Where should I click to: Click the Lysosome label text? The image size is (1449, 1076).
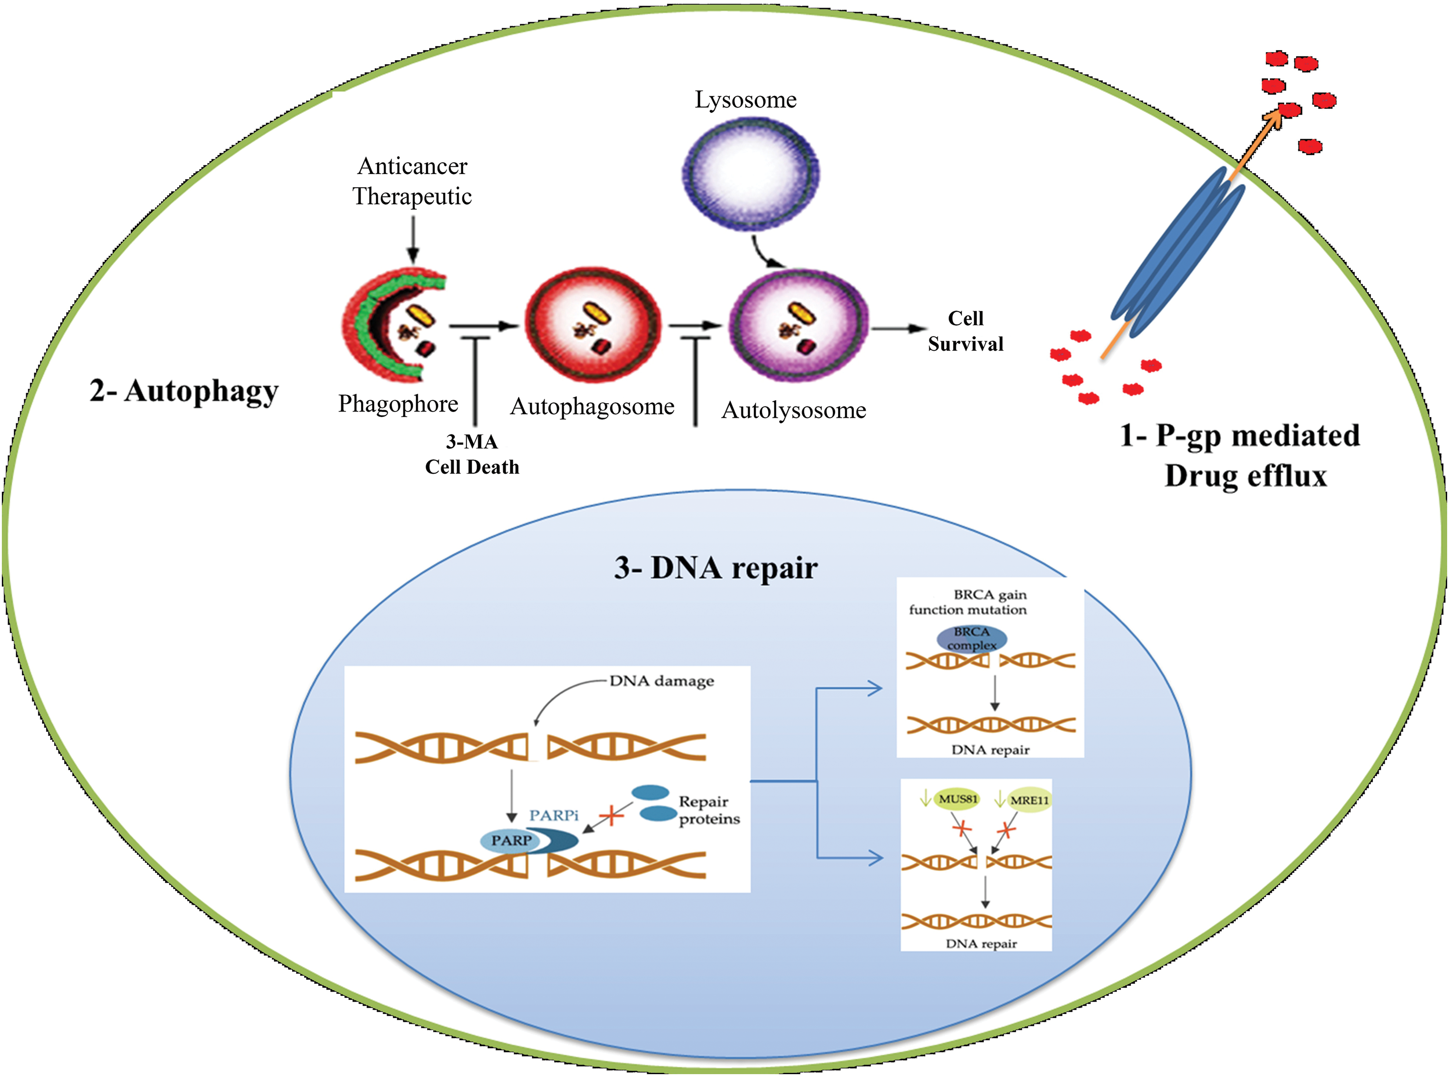point(745,100)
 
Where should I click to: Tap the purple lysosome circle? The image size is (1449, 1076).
point(750,173)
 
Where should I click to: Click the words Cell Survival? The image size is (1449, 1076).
point(965,331)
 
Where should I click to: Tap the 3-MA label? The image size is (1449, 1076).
point(472,442)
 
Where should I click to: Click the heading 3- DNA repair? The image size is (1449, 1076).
point(715,568)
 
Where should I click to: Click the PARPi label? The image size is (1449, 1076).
point(553,816)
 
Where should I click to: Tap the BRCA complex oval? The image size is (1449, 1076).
point(971,638)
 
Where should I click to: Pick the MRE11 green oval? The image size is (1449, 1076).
point(1029,800)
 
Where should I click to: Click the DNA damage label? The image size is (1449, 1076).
point(661,681)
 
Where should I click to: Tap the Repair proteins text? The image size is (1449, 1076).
point(709,810)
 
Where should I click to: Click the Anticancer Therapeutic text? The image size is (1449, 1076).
point(412,181)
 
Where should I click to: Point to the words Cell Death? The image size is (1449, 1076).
point(472,467)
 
